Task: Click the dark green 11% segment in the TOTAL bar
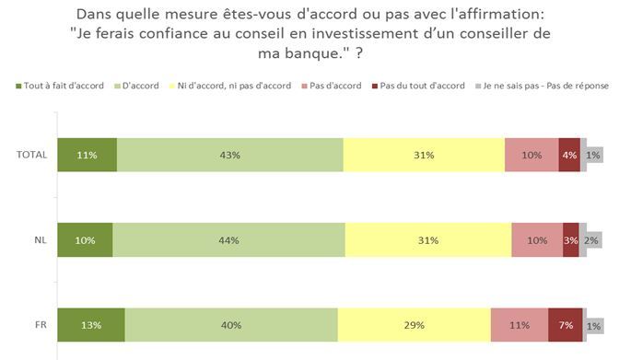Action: (x=88, y=155)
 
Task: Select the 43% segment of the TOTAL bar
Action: (x=230, y=155)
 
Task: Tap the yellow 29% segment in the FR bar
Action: (x=415, y=325)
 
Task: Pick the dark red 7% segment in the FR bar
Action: (x=566, y=325)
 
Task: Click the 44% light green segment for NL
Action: (x=229, y=240)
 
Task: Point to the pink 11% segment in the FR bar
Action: (x=520, y=325)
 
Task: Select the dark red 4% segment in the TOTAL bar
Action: (x=569, y=155)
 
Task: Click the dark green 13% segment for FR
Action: (x=91, y=325)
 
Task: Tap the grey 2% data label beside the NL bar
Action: (x=591, y=240)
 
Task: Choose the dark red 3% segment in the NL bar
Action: (x=571, y=240)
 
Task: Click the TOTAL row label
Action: (x=31, y=155)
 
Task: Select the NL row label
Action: (x=41, y=240)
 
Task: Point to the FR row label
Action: (x=41, y=325)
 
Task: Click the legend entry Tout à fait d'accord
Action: (x=60, y=86)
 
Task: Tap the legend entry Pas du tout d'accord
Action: (x=418, y=86)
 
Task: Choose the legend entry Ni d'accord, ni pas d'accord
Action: (x=230, y=86)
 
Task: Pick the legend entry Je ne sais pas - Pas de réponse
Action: (x=542, y=86)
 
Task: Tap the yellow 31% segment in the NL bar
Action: (x=428, y=240)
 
